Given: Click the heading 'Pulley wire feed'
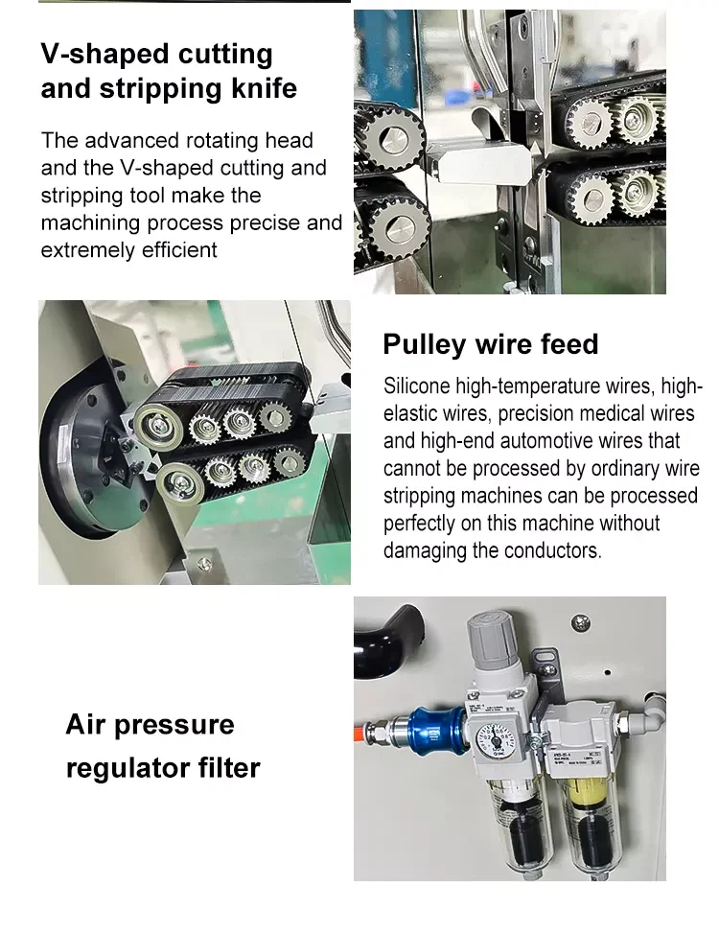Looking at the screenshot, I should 490,344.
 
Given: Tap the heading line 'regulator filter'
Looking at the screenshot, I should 162,767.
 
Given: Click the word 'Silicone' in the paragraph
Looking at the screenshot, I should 417,386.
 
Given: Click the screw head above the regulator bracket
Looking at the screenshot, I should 579,624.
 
